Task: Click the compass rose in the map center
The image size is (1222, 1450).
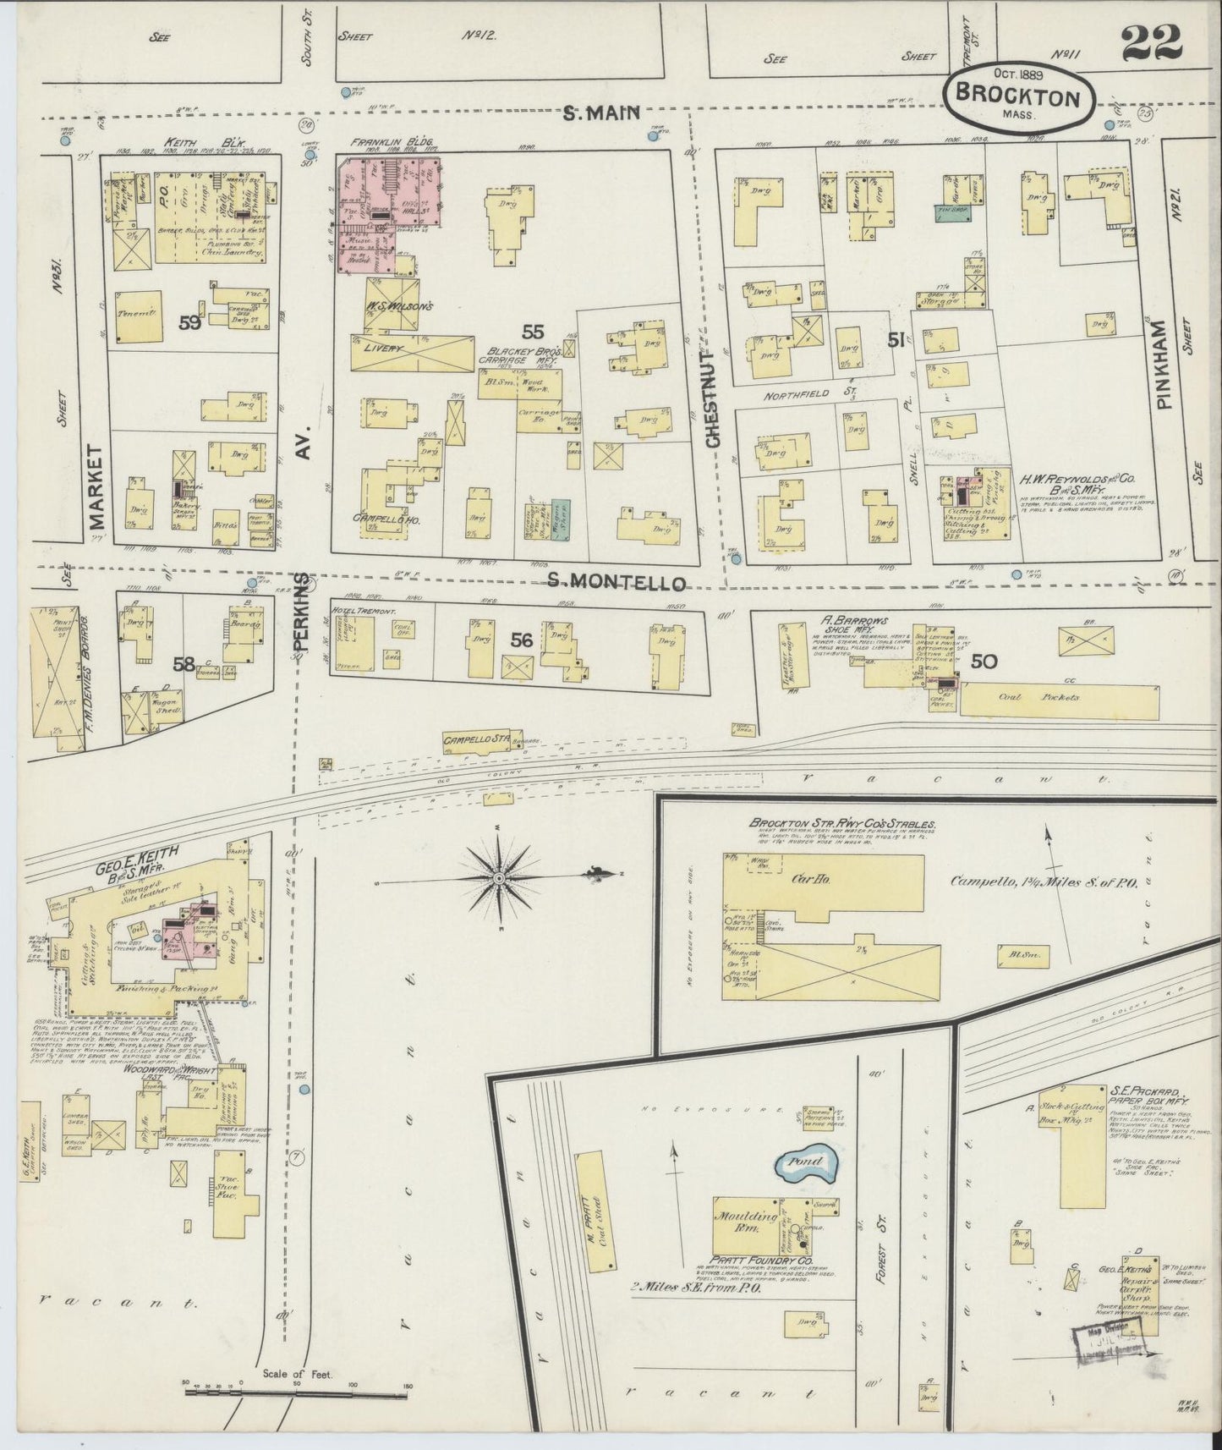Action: [x=500, y=880]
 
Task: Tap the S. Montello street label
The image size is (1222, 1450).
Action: [x=615, y=581]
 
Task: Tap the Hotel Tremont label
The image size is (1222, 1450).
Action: [x=353, y=611]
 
